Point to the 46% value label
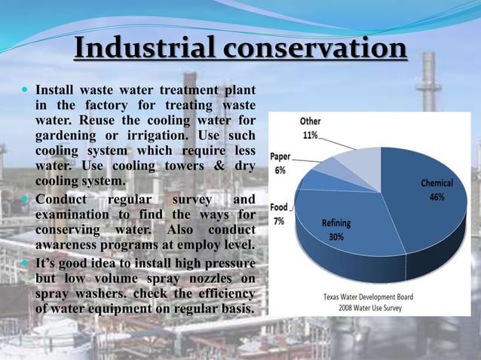[x=437, y=197]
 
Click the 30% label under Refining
[x=335, y=236]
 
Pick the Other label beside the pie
[x=310, y=121]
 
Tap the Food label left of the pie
[x=279, y=207]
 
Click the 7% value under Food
[x=279, y=221]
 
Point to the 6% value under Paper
[x=280, y=170]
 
